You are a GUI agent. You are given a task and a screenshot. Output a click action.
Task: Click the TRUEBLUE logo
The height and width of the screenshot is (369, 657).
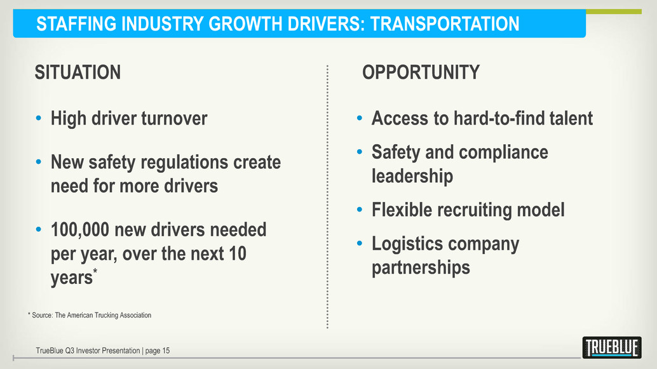coord(612,347)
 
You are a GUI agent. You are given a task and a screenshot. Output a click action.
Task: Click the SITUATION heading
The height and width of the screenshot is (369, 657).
coord(78,72)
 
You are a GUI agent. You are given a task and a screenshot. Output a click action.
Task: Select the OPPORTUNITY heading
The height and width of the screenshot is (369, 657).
coord(421,72)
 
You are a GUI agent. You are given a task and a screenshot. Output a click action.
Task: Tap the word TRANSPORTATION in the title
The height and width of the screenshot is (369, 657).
coord(445,24)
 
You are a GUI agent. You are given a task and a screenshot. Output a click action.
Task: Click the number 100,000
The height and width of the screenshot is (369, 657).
coord(80,230)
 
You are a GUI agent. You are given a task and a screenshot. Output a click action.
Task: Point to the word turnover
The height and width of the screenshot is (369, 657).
coord(174,119)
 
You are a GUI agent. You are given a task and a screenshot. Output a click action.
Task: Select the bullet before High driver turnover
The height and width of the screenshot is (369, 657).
coord(39,119)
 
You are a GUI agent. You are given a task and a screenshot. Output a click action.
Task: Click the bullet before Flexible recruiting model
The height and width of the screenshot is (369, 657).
coord(360,210)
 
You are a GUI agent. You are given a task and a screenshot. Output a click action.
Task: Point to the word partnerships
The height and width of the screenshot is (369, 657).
coord(421,268)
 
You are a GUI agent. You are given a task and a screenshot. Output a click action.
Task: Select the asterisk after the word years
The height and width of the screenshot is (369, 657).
coord(95,271)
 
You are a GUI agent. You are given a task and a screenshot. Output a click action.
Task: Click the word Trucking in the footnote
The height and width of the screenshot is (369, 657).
coord(106,316)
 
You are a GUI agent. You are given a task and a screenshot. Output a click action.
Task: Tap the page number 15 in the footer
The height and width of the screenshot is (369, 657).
coord(166,351)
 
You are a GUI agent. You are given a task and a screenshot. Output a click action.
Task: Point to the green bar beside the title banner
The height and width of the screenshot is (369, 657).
coord(613,11)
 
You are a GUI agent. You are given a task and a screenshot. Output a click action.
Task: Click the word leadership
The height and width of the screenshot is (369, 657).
coord(412,177)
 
